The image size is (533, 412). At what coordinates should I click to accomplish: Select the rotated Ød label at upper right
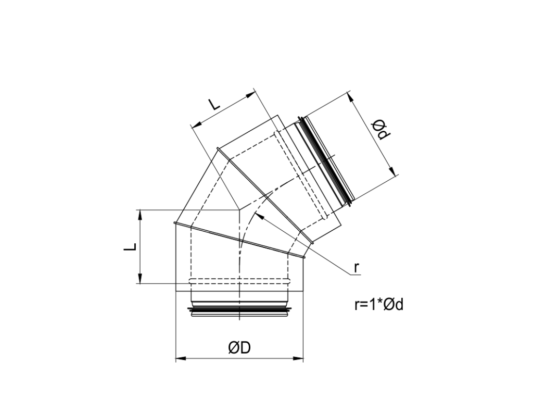pos(381,130)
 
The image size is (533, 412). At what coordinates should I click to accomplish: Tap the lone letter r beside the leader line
pos(357,268)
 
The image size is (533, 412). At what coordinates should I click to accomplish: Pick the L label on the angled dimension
pos(214,104)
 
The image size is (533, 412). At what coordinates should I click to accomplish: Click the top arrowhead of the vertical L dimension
pos(139,214)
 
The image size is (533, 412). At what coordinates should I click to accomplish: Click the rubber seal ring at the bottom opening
pos(239,311)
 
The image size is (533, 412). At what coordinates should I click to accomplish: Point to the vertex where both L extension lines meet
pos(238,209)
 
